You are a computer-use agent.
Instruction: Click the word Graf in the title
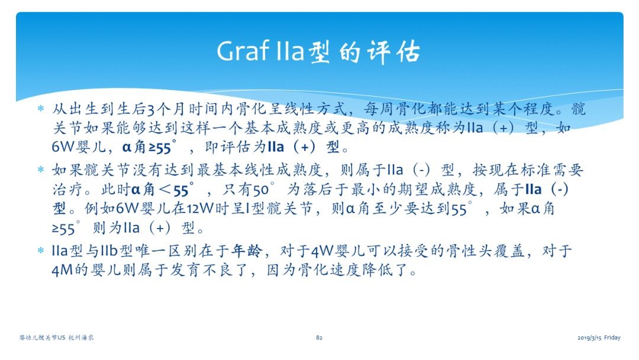[x=243, y=52]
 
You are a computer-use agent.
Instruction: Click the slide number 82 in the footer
[x=319, y=337]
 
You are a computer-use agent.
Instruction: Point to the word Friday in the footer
[x=612, y=337]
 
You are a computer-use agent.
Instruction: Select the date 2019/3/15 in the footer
[x=589, y=337]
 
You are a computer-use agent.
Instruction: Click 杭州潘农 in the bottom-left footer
[x=80, y=337]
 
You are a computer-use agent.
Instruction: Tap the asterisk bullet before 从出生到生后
[x=41, y=108]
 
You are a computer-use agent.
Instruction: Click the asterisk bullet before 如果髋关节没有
[x=41, y=169]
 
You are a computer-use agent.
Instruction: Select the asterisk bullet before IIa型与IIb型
[x=41, y=250]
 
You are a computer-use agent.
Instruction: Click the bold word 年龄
[x=247, y=250]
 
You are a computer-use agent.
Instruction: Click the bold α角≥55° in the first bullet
[x=149, y=147]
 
